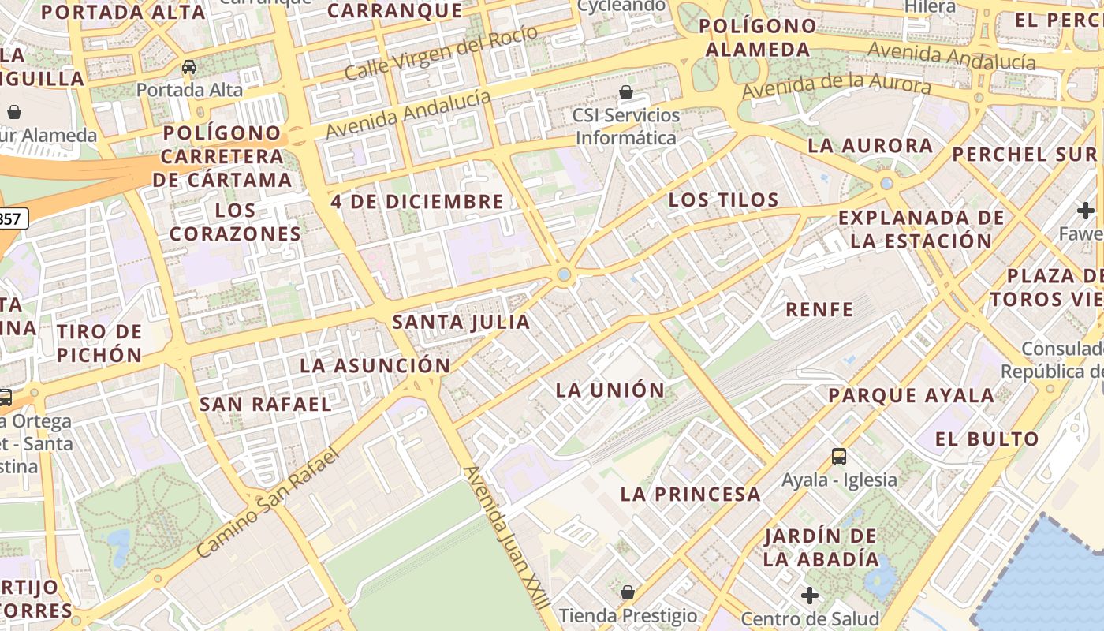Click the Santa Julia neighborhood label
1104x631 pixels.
(x=461, y=322)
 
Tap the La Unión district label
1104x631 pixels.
(x=610, y=390)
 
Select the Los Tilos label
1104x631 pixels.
(x=723, y=200)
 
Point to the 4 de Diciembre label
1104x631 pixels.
(x=417, y=201)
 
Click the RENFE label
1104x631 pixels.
(x=819, y=308)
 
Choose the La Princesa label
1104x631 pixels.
(x=690, y=495)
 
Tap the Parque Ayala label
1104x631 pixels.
(x=911, y=395)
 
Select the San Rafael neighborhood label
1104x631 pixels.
(x=265, y=404)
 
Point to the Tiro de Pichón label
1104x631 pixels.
(x=99, y=342)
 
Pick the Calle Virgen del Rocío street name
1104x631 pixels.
(x=441, y=52)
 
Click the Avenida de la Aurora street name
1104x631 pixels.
(x=836, y=85)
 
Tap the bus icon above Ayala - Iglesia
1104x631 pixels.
(x=839, y=456)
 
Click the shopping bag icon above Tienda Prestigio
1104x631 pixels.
(x=628, y=592)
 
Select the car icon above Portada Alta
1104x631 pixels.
(x=189, y=67)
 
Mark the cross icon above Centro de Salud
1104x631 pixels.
(x=809, y=596)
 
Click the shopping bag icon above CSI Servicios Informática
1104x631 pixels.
(x=626, y=92)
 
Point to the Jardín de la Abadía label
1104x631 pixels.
(x=820, y=547)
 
